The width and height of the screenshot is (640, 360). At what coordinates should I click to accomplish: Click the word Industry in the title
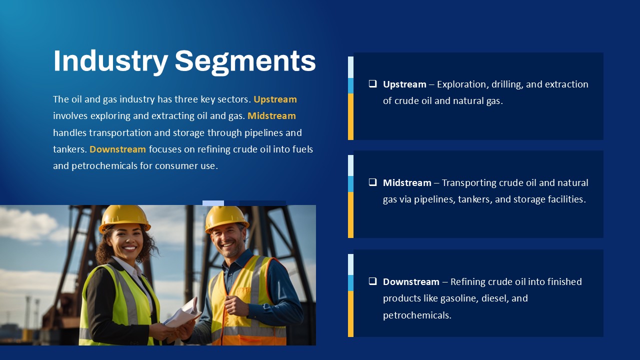(110, 61)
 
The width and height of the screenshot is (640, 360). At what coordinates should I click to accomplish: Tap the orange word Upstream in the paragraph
(275, 99)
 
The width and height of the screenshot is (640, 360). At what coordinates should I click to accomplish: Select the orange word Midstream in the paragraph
(271, 116)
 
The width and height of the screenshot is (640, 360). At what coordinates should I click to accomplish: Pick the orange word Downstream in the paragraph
(117, 149)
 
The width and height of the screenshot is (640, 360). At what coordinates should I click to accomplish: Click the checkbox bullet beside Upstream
(372, 83)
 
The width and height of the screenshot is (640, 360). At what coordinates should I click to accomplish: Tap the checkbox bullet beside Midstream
(372, 182)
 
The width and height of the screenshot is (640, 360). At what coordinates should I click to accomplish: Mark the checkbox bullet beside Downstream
(372, 281)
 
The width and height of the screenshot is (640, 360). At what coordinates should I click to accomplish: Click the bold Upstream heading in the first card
(404, 84)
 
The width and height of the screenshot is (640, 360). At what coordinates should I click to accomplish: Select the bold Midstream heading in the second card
(407, 183)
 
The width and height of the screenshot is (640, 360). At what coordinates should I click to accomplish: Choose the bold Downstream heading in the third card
(411, 282)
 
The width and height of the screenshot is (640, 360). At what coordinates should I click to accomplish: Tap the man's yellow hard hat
(226, 218)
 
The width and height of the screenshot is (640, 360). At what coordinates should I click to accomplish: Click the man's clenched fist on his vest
(234, 305)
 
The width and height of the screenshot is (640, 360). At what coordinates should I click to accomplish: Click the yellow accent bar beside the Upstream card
(350, 116)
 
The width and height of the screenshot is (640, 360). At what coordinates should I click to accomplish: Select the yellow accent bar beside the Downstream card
(350, 314)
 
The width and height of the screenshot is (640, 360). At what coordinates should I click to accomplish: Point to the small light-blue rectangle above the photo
(213, 203)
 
